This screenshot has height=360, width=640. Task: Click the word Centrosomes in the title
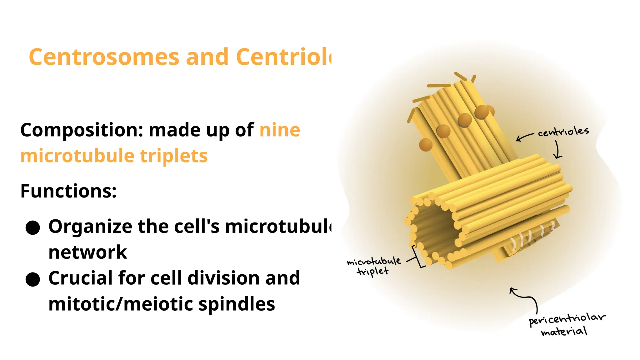pos(104,57)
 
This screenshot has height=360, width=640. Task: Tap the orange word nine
pos(280,130)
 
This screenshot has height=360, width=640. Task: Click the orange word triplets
pos(174,156)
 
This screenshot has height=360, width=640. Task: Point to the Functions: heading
pos(68,191)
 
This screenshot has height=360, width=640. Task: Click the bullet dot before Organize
pos(33,227)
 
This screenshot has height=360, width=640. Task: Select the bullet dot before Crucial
pos(33,279)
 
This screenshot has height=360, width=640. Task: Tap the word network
pos(88,252)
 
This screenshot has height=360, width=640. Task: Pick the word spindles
pos(237,304)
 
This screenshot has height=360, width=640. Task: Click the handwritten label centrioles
pos(563,132)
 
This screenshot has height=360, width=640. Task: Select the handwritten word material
pos(564,332)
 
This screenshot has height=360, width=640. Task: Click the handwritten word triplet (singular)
pos(372,272)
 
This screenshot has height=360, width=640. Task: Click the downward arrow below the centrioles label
pos(557,149)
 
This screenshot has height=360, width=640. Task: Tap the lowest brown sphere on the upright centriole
pos(426,145)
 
